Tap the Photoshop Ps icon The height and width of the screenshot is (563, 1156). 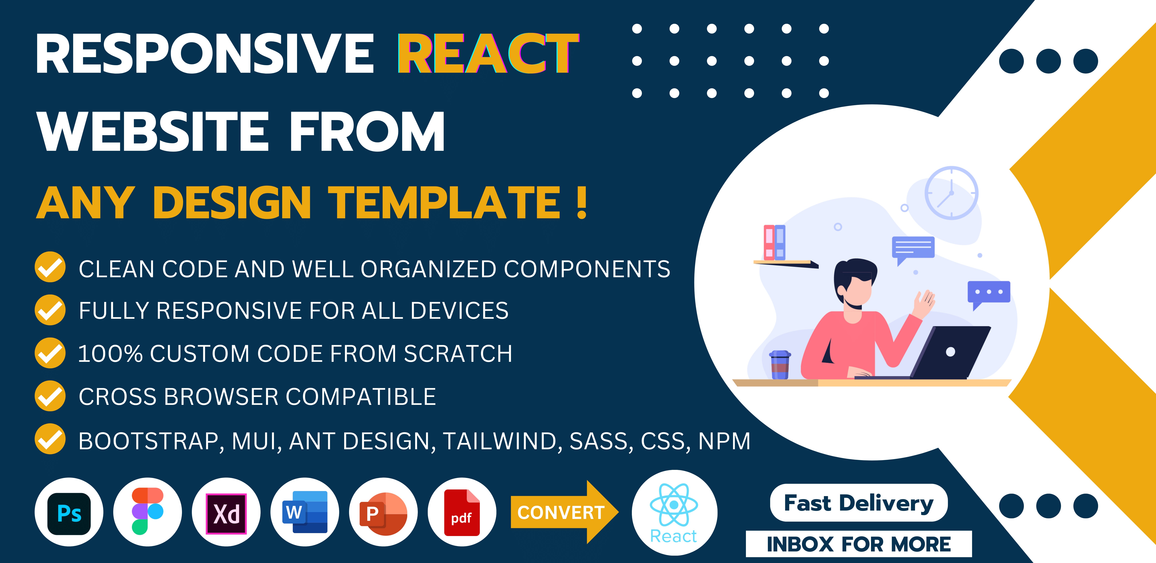pyautogui.click(x=69, y=513)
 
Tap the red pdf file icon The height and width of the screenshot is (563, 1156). pyautogui.click(x=462, y=513)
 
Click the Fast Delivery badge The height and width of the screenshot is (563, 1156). pyautogui.click(x=858, y=503)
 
